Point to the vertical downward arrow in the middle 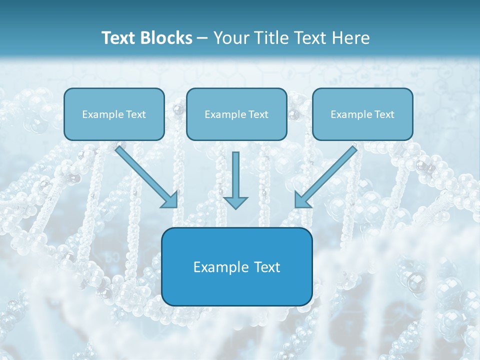pyautogui.click(x=235, y=175)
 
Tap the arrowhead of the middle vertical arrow pyautogui.click(x=235, y=202)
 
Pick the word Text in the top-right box pyautogui.click(x=384, y=114)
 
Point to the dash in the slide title pyautogui.click(x=202, y=38)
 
